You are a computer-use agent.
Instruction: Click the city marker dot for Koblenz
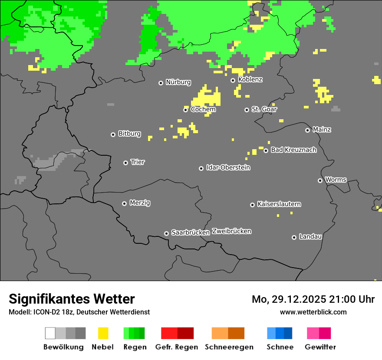(x=233, y=80)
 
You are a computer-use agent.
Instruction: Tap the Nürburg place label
(x=178, y=82)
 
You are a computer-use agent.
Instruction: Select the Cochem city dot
(x=185, y=110)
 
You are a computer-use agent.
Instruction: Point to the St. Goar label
(x=264, y=109)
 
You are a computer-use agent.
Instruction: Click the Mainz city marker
(x=307, y=130)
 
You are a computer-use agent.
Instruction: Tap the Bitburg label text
(x=129, y=134)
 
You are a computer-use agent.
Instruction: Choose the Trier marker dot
(x=125, y=163)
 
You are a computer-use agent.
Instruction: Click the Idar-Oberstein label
(x=228, y=167)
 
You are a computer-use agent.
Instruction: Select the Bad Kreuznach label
(x=293, y=150)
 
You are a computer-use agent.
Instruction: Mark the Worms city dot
(x=320, y=180)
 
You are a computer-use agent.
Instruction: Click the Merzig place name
(x=140, y=203)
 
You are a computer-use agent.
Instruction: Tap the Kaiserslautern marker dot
(x=252, y=205)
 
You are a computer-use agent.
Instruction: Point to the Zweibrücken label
(x=231, y=231)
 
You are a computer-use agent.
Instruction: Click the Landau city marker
(x=294, y=237)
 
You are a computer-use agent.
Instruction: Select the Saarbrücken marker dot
(x=166, y=233)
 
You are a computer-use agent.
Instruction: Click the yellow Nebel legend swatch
(x=103, y=333)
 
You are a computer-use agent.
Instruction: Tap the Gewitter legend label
(x=320, y=347)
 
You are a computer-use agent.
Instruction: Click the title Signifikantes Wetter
(x=72, y=299)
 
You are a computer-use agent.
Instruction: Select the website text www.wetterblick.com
(x=313, y=312)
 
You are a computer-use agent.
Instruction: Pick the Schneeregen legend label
(x=229, y=347)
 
